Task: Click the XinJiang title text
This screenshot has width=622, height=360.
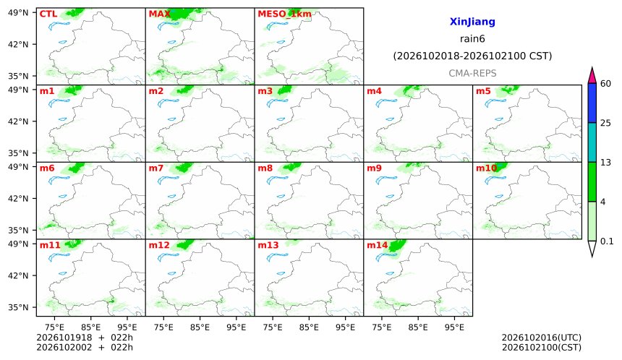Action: pyautogui.click(x=472, y=22)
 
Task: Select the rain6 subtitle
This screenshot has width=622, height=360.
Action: pyautogui.click(x=472, y=39)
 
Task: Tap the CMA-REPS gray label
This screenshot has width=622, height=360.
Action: pyautogui.click(x=472, y=73)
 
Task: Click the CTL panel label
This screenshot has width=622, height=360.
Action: pyautogui.click(x=48, y=14)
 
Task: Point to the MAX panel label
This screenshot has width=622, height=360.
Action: pyautogui.click(x=159, y=14)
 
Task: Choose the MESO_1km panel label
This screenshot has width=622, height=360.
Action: pyautogui.click(x=284, y=14)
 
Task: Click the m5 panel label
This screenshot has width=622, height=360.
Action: pyautogui.click(x=483, y=91)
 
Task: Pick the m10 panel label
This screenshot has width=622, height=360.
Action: pyautogui.click(x=486, y=168)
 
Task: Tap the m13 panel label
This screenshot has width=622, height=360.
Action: pyautogui.click(x=268, y=245)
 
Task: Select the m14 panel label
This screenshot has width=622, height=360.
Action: pyautogui.click(x=378, y=245)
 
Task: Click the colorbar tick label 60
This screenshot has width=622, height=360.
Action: pyautogui.click(x=605, y=84)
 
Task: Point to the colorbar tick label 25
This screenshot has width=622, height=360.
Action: pyautogui.click(x=605, y=124)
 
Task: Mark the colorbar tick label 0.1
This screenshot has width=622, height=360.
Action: pyautogui.click(x=607, y=241)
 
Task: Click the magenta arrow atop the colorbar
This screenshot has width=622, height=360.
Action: pyautogui.click(x=592, y=76)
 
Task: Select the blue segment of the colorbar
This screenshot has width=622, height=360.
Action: pyautogui.click(x=592, y=103)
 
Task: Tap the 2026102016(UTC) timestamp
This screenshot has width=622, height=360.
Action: pyautogui.click(x=542, y=338)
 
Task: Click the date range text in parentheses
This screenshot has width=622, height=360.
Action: pyautogui.click(x=472, y=56)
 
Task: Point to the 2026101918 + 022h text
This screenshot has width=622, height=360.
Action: pyautogui.click(x=85, y=338)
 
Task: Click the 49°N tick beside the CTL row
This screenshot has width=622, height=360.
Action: pyautogui.click(x=18, y=13)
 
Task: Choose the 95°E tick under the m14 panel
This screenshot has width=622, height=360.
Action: pyautogui.click(x=454, y=327)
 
